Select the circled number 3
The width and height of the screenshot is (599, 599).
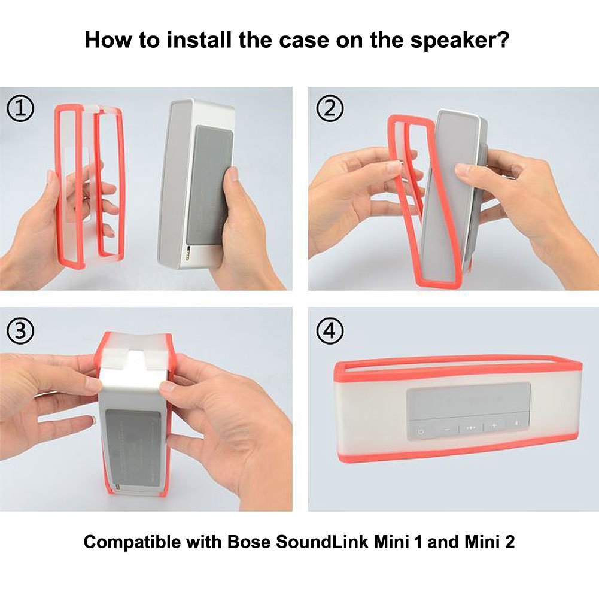point(20,330)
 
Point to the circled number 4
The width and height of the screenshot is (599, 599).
point(330,330)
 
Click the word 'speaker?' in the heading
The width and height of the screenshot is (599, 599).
point(461,41)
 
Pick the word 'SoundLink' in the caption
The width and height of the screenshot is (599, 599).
point(322,543)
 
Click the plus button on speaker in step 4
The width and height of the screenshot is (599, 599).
point(494,426)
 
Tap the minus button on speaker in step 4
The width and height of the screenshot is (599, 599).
point(446,429)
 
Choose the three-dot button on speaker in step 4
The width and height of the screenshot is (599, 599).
point(471,428)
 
